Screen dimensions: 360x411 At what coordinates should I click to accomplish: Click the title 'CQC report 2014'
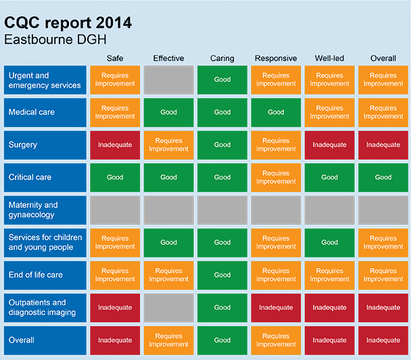coord(68,23)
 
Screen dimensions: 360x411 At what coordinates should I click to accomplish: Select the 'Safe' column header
coord(115,58)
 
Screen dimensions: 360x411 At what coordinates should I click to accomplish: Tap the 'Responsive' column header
coord(276,58)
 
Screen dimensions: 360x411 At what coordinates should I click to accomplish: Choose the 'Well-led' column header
coord(329,58)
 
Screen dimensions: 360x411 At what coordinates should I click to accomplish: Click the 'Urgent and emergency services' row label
coord(45,80)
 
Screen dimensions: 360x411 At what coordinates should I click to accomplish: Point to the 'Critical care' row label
coord(45,178)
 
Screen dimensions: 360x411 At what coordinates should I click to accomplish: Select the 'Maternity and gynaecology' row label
coord(45,210)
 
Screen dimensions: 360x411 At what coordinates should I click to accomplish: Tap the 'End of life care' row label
coord(45,275)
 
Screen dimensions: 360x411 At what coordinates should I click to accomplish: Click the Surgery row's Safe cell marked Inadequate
coord(115,145)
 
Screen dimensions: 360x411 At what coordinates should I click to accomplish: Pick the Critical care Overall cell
coord(383,178)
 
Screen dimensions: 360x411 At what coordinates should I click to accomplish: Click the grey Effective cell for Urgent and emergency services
coord(168,80)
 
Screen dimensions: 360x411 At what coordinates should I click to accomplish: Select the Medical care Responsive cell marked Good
coord(276,112)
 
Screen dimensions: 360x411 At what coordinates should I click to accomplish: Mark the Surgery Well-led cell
coord(329,145)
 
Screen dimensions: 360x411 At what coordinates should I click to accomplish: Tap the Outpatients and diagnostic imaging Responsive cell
coord(276,307)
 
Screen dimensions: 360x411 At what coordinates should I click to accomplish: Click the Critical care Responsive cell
coord(276,178)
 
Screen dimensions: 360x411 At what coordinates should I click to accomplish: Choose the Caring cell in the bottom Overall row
coord(222,340)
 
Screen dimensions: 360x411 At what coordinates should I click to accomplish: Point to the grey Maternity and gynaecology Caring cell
coord(222,210)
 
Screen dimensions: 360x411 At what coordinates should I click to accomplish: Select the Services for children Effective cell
coord(168,242)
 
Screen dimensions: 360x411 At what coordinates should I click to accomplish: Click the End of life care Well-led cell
coord(329,275)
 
